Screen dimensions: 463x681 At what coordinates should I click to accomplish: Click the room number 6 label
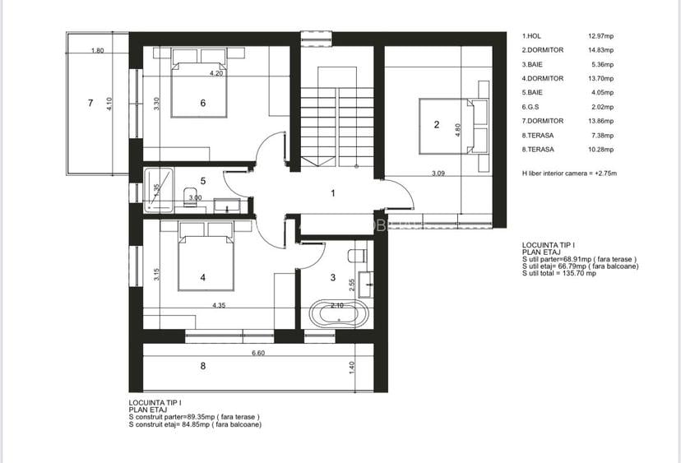click(202, 103)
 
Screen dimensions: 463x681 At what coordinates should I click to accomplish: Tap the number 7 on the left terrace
click(90, 103)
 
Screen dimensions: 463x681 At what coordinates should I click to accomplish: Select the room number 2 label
click(437, 126)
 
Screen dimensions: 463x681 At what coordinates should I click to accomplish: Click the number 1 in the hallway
click(333, 194)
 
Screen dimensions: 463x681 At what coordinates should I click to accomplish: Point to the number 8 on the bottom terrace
click(202, 366)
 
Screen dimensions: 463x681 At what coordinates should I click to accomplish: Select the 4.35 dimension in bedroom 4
click(219, 306)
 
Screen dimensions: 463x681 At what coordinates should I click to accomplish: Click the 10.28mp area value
click(602, 149)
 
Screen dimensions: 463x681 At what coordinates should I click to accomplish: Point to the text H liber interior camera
click(568, 174)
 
